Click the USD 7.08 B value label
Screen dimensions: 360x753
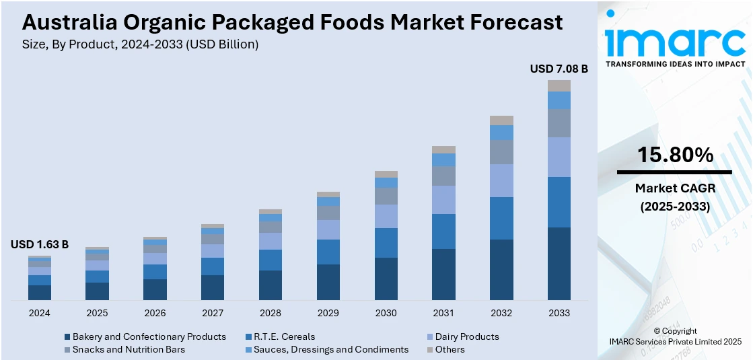pyautogui.click(x=559, y=69)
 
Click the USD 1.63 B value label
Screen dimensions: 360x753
pyautogui.click(x=40, y=245)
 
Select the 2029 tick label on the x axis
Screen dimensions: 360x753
pyautogui.click(x=328, y=313)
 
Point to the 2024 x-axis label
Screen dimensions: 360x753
pyautogui.click(x=40, y=313)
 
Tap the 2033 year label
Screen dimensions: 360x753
pyautogui.click(x=559, y=313)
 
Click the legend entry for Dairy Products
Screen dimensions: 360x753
pyautogui.click(x=467, y=336)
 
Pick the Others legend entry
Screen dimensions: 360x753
pyautogui.click(x=450, y=349)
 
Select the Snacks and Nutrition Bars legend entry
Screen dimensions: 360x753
pyautogui.click(x=129, y=349)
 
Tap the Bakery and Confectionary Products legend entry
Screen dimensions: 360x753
pyautogui.click(x=149, y=336)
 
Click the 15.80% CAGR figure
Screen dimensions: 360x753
pyautogui.click(x=675, y=155)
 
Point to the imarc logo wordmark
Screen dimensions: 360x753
pyautogui.click(x=675, y=42)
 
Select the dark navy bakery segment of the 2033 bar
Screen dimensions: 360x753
pyautogui.click(x=559, y=263)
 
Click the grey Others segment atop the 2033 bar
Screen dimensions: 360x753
pyautogui.click(x=559, y=85)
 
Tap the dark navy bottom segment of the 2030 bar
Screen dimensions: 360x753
pyautogui.click(x=386, y=279)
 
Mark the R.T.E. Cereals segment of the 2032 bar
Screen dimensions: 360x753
pyautogui.click(x=501, y=218)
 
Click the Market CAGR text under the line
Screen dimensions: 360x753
pyautogui.click(x=675, y=188)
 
